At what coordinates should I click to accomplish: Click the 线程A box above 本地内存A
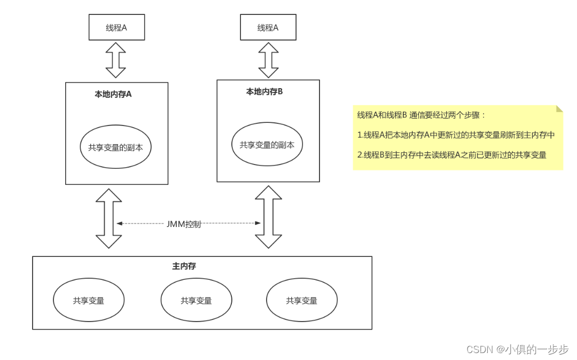click(x=116, y=28)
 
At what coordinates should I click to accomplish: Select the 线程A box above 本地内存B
click(x=268, y=27)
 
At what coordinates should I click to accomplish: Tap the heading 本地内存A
click(x=113, y=94)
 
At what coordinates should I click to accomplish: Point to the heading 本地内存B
click(x=264, y=91)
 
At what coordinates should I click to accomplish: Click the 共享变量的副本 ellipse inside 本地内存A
click(x=115, y=147)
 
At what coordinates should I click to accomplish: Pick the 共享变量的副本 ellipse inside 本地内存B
click(x=267, y=145)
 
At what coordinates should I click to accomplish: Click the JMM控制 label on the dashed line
click(x=183, y=224)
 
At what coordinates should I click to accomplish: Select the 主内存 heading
click(x=184, y=266)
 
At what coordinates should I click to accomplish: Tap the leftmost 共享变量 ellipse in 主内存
click(x=89, y=301)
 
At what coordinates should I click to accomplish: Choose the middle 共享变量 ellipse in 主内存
click(x=196, y=301)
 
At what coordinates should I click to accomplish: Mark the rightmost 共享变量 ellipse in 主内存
click(x=301, y=301)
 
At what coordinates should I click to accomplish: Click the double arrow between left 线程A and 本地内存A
click(x=115, y=60)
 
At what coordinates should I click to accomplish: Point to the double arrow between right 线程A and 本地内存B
click(x=268, y=60)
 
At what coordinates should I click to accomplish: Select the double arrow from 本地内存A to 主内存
click(x=108, y=218)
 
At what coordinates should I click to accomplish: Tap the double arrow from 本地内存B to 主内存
click(x=268, y=216)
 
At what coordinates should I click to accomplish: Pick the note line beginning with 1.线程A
click(x=456, y=135)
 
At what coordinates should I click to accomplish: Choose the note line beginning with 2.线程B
click(x=451, y=155)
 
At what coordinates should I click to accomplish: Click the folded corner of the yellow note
click(x=559, y=108)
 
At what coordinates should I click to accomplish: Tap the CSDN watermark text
click(x=517, y=349)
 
